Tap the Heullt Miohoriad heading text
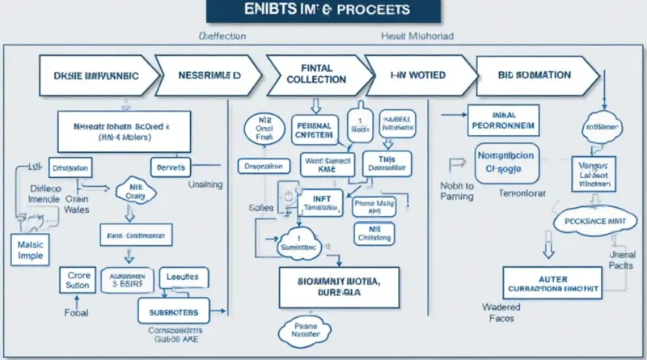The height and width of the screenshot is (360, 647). [417, 37]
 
